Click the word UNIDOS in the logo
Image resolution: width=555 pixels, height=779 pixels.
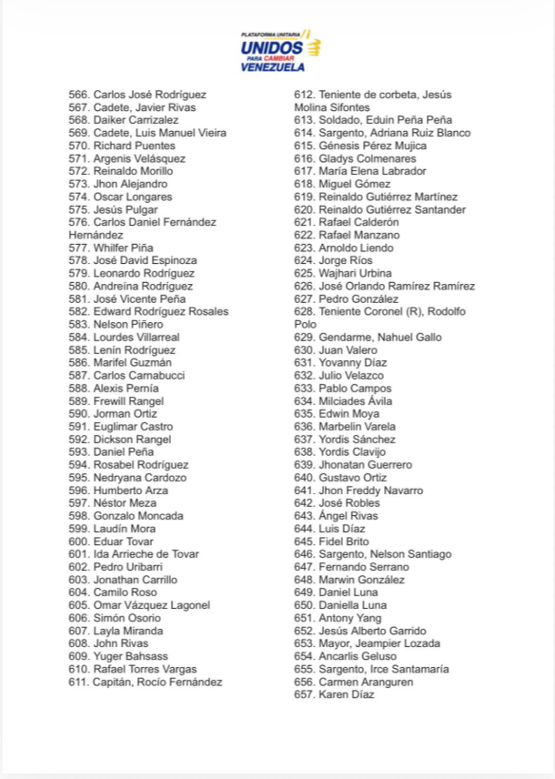272,46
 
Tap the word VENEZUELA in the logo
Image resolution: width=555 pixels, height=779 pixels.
273,66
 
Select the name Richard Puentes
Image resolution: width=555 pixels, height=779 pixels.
134,146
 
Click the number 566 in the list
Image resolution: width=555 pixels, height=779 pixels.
79,95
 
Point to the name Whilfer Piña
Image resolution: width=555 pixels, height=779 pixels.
123,248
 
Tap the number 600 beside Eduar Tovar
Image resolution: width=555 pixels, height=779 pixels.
79,541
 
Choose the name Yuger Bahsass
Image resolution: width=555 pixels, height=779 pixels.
130,656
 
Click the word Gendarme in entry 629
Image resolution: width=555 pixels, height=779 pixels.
344,337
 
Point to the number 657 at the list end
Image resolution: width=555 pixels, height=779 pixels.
305,694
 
